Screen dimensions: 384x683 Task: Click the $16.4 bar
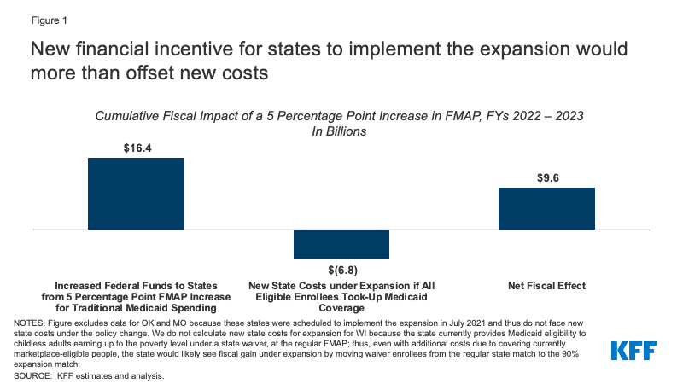tap(137, 194)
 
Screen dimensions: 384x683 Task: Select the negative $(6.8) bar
tap(341, 244)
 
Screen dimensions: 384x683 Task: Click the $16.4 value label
tap(137, 148)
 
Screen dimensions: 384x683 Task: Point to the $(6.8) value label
tap(341, 269)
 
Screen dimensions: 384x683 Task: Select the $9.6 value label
tap(546, 177)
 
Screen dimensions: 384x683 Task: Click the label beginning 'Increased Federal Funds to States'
tap(137, 294)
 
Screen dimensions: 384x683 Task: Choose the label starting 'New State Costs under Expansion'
tap(341, 294)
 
